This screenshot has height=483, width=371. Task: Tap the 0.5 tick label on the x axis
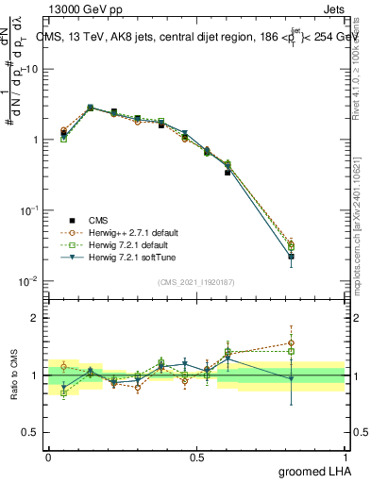point(196,457)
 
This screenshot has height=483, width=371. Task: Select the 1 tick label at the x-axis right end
point(346,457)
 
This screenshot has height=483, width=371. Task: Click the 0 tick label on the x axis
point(48,457)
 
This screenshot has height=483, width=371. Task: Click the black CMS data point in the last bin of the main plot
point(291,256)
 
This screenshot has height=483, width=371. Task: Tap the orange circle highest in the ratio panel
point(291,343)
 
